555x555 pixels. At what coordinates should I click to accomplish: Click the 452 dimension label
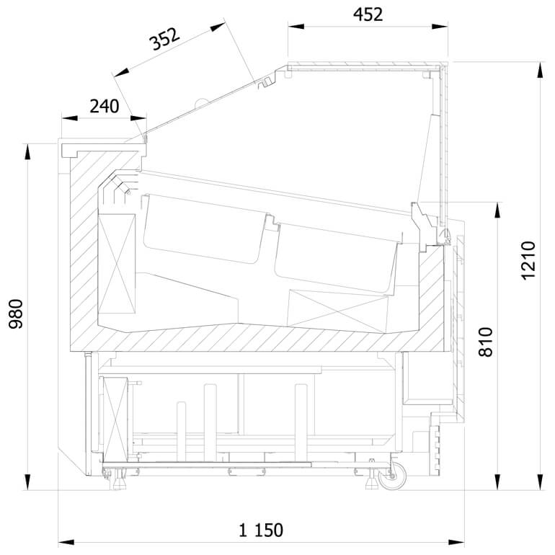pos(368,14)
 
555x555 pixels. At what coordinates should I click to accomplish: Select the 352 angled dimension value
pos(164,39)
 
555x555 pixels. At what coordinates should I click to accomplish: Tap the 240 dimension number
pos(104,106)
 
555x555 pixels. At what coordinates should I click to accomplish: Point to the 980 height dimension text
pos(16,314)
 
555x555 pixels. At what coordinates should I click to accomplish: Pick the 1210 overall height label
pos(528,260)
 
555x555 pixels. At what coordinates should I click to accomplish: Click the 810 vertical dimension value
pos(485,342)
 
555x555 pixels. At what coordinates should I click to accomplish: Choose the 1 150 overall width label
pos(261,530)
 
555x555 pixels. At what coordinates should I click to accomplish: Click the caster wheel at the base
pos(393,476)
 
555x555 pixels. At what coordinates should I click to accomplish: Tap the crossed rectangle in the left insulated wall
pos(117,264)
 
